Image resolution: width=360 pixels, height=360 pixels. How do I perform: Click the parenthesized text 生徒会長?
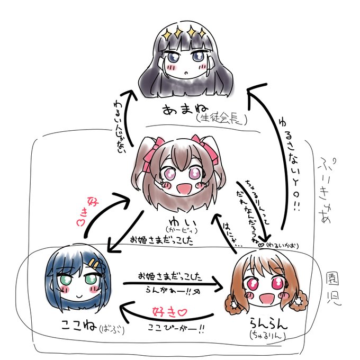(221, 117)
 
